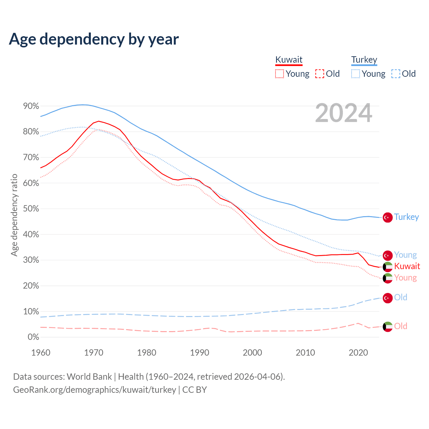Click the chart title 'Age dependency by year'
click(94, 39)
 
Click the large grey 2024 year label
click(344, 113)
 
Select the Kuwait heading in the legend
click(289, 60)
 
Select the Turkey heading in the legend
click(364, 60)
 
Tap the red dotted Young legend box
click(279, 74)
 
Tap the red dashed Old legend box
click(319, 74)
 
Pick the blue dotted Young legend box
click(355, 74)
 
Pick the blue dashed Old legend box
click(395, 74)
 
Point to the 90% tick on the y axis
click(31, 106)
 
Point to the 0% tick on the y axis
click(33, 337)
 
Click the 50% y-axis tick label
click(31, 209)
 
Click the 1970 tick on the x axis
click(94, 353)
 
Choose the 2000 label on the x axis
click(252, 353)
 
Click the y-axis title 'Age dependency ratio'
click(14, 215)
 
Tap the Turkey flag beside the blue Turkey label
click(388, 217)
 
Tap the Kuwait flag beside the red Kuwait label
click(388, 266)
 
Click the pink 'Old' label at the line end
click(401, 326)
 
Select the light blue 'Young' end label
click(405, 255)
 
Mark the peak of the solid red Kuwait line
click(99, 121)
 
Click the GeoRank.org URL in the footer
click(95, 390)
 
